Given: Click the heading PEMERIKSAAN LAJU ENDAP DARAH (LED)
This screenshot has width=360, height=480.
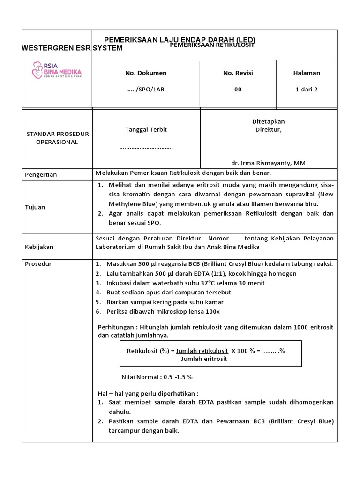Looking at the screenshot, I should pyautogui.click(x=180, y=40).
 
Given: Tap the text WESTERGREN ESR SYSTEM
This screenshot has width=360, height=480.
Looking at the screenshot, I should pyautogui.click(x=73, y=48).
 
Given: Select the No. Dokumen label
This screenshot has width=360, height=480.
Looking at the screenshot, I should pyautogui.click(x=146, y=73).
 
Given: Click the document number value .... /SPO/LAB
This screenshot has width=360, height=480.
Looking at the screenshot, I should pyautogui.click(x=146, y=90).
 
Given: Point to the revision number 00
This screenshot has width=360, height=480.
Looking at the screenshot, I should pyautogui.click(x=238, y=90).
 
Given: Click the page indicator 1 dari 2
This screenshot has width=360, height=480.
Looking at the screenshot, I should pyautogui.click(x=306, y=90).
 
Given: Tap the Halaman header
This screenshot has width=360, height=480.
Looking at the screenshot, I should pyautogui.click(x=306, y=73).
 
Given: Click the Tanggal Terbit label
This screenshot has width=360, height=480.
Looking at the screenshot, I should pyautogui.click(x=146, y=129).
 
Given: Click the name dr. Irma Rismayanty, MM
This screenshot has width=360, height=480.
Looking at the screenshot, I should pyautogui.click(x=268, y=163).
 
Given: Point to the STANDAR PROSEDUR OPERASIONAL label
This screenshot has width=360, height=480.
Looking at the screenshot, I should pyautogui.click(x=57, y=138).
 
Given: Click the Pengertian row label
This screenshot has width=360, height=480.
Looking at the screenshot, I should pyautogui.click(x=41, y=175).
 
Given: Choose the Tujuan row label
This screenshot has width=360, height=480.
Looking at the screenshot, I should pyautogui.click(x=35, y=207).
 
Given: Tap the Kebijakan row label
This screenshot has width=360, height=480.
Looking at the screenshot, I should pyautogui.click(x=39, y=247).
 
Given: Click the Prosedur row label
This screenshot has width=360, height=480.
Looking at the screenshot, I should pyautogui.click(x=38, y=264).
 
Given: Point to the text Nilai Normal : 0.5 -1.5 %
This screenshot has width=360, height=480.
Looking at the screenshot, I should pyautogui.click(x=157, y=376).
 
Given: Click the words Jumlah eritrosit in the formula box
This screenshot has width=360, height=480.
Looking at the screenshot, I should pyautogui.click(x=203, y=359).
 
